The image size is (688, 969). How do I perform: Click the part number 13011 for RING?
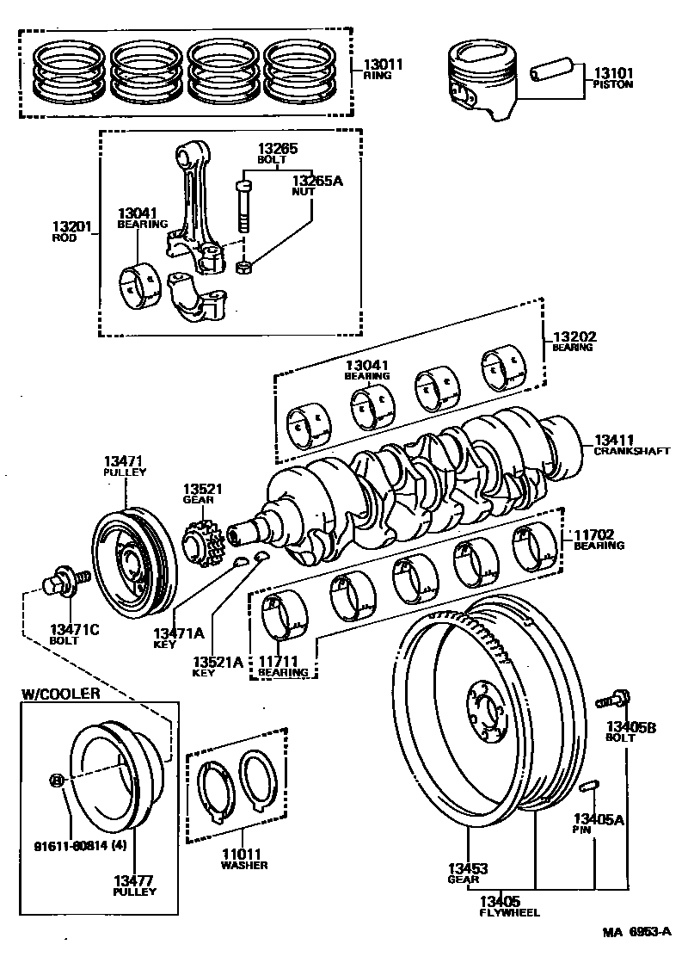coord(378,65)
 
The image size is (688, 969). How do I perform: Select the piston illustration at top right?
coord(482,83)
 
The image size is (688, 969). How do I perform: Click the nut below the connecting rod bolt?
coord(243,268)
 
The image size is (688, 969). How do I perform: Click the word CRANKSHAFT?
coord(630,451)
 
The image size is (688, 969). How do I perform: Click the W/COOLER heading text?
coord(60,693)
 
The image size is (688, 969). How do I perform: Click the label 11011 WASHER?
coord(243,859)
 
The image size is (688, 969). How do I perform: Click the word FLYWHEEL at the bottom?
coord(509,912)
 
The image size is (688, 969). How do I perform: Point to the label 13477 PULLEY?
coord(134,886)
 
